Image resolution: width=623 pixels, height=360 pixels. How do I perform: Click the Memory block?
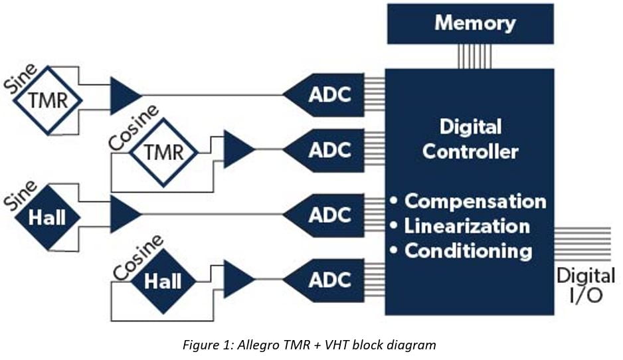(x=470, y=24)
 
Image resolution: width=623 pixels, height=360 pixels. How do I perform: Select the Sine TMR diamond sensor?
(x=48, y=101)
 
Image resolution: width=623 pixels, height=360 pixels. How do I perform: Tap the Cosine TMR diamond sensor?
(x=163, y=152)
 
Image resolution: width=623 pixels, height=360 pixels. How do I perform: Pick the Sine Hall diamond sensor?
(x=48, y=217)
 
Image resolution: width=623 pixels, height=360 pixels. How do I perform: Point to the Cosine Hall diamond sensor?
(x=163, y=281)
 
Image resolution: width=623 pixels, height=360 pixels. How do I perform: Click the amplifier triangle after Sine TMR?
(x=123, y=95)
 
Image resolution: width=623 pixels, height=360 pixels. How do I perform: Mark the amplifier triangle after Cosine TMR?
(x=236, y=149)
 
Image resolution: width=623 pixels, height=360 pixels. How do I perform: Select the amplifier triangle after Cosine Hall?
(x=236, y=279)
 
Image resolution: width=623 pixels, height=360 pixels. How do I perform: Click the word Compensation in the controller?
(x=475, y=201)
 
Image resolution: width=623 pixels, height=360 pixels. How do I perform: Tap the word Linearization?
(x=467, y=226)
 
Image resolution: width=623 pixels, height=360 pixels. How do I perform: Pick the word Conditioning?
(x=468, y=251)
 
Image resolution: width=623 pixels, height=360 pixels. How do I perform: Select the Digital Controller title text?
(x=470, y=139)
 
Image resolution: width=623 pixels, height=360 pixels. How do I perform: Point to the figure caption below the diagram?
(x=310, y=344)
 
